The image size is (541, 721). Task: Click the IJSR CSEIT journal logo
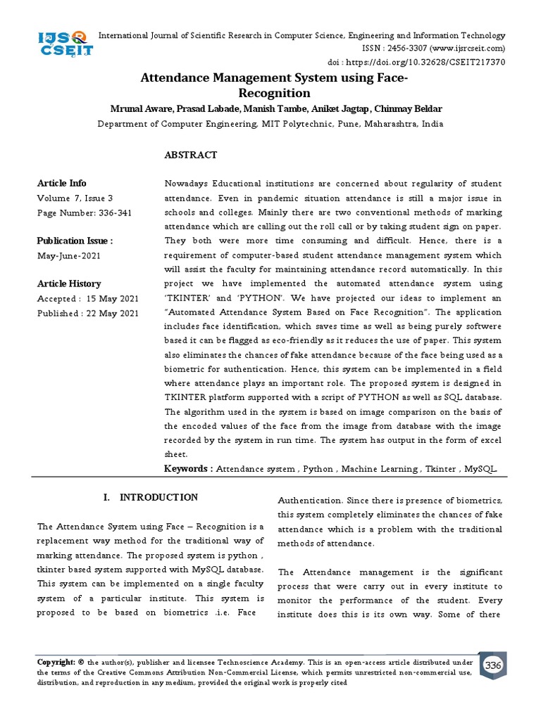(x=64, y=44)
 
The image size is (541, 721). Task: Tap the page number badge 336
(x=493, y=665)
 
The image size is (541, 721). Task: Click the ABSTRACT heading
(x=190, y=155)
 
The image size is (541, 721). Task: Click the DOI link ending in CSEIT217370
(x=437, y=62)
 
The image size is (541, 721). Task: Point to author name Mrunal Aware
(x=141, y=109)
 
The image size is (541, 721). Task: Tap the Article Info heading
(x=62, y=183)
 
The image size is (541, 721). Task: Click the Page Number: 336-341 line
(x=84, y=212)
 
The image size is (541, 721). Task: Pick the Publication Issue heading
(x=75, y=242)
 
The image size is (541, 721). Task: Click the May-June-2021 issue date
(x=69, y=256)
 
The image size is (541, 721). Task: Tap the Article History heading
(x=69, y=284)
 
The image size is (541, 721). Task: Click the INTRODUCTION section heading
(x=158, y=498)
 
